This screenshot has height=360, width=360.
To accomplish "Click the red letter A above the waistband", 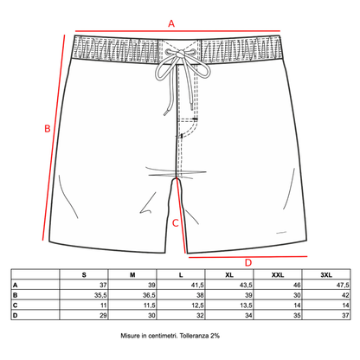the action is pos(171,23).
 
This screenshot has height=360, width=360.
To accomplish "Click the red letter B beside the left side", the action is pos(48,128).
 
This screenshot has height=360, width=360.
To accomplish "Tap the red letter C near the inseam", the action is pos(176,223).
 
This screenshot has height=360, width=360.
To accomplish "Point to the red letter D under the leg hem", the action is pos(248,263).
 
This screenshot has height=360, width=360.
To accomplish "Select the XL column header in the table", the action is pos(229,275).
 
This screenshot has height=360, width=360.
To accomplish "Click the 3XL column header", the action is pos(326,275).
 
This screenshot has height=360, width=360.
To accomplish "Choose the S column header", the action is pos(84,275).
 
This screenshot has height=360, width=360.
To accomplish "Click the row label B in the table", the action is pos(15,295).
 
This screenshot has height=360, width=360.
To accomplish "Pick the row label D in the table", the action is pos(15,315).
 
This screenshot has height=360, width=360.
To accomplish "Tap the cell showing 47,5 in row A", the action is pos(343,285).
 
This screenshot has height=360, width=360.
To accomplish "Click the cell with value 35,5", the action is pos(100,295).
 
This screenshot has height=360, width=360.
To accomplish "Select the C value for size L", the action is pos(197,305).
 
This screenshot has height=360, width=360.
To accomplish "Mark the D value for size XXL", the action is pos(297,315).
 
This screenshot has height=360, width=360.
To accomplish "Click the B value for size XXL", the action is pos(297,295).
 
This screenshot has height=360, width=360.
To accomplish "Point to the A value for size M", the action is pos(151,285).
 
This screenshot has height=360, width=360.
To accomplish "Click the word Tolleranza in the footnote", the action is pos(194,336).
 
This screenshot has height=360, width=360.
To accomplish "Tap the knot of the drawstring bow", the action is pos(180,54).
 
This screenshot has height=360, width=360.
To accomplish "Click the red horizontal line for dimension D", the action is pos(247,256).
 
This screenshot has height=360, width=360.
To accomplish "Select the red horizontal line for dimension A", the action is pos(177,31).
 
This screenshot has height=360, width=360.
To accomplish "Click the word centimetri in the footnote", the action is pos(163,336).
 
